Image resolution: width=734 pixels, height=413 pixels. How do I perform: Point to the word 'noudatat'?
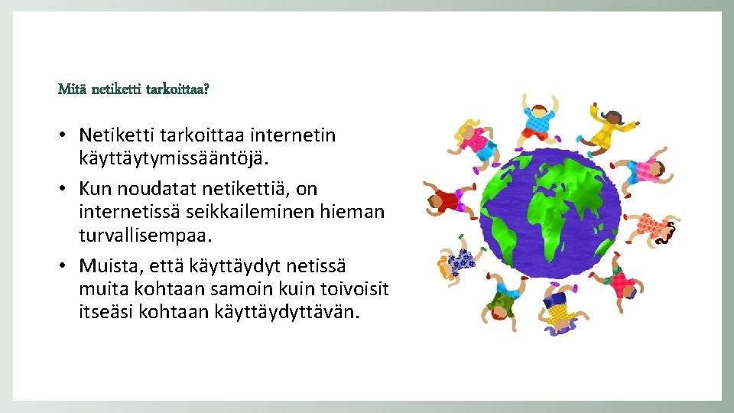(156, 188)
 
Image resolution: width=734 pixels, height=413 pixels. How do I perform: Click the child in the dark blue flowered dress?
(459, 262)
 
